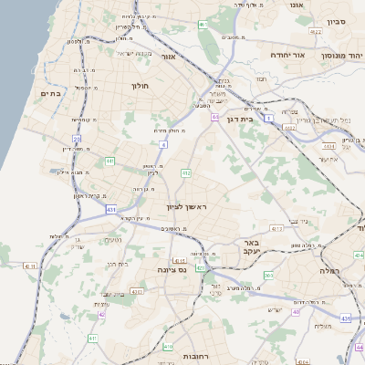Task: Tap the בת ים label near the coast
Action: [49, 93]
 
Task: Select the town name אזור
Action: [168, 57]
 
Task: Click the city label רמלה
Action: [329, 271]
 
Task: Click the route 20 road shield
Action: [78, 140]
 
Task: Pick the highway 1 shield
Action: [269, 117]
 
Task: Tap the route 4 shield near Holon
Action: [162, 143]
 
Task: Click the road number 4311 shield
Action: [30, 266]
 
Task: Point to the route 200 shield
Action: [267, 275]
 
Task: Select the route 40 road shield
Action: [296, 312]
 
